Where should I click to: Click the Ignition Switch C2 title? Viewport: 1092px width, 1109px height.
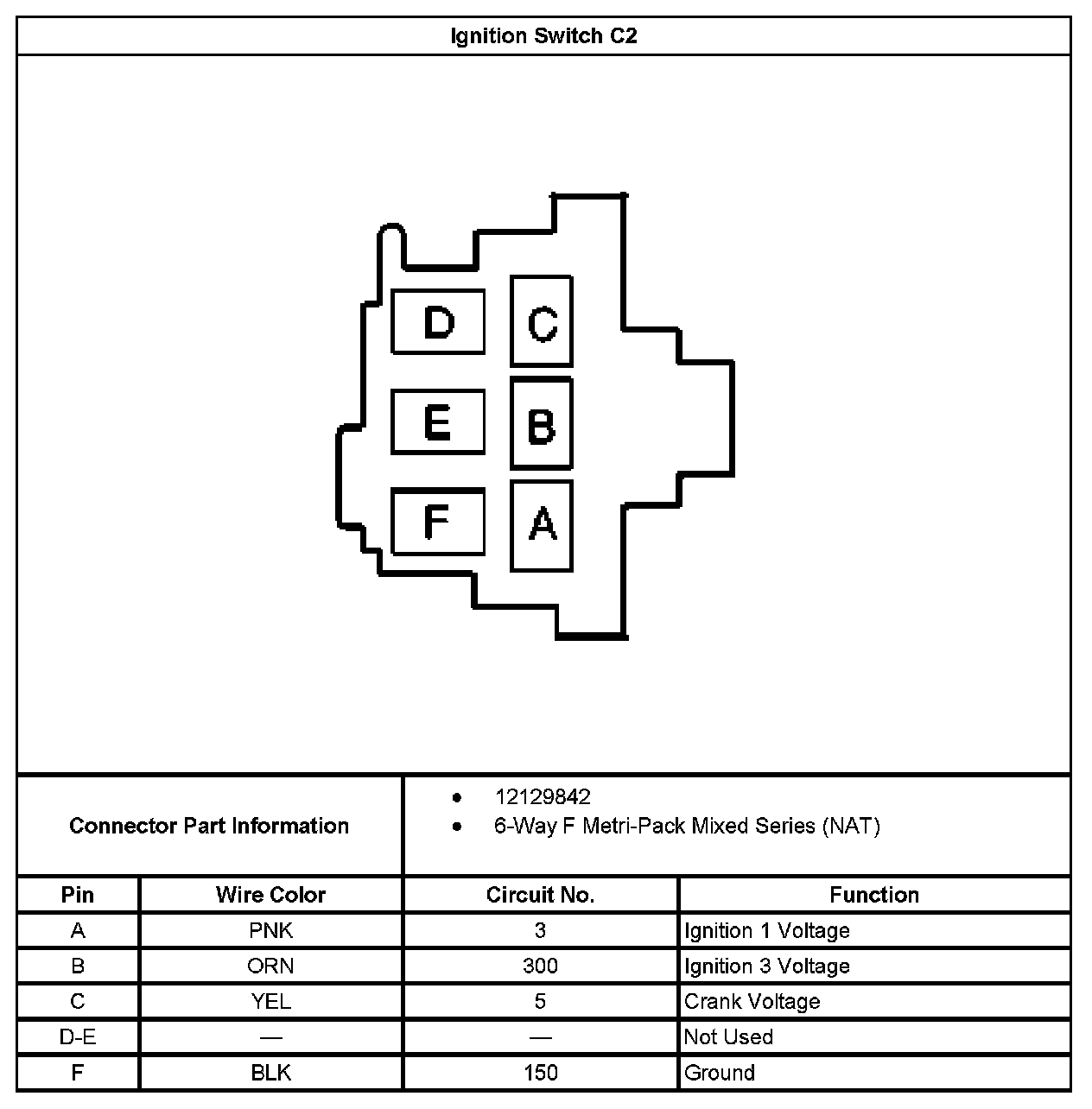point(543,36)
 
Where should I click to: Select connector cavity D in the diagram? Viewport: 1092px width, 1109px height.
point(438,322)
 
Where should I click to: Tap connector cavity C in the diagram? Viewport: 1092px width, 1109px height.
point(542,322)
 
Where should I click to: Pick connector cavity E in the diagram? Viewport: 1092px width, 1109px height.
point(438,422)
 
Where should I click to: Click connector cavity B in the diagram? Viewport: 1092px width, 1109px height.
point(542,424)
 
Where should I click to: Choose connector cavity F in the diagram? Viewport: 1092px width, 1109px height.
point(438,522)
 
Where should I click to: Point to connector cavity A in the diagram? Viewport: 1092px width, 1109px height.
point(542,525)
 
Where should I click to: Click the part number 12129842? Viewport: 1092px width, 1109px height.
point(543,797)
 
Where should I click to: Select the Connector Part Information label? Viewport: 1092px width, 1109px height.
point(209,826)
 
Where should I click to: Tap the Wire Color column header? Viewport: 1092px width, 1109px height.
point(270,895)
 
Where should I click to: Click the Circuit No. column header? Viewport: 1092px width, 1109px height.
point(540,895)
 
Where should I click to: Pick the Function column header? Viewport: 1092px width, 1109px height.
point(874,895)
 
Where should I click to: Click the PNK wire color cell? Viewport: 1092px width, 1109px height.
point(270,930)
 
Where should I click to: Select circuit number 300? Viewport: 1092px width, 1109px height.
point(540,966)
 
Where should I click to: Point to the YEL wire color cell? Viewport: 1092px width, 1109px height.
point(270,1001)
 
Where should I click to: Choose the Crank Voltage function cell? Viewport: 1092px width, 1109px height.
point(752,1001)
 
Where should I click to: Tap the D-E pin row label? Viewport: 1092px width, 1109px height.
point(78,1036)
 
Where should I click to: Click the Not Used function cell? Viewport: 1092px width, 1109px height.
point(728,1036)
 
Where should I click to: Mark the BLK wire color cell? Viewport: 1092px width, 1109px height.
point(270,1073)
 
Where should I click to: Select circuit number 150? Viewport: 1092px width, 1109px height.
point(540,1073)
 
